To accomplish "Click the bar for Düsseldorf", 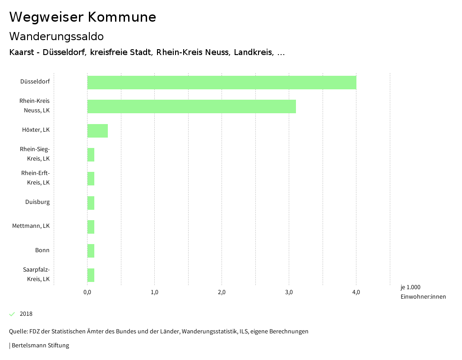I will point(222,83).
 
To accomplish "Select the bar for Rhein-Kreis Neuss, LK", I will point(191,106).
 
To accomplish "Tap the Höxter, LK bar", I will point(97,131).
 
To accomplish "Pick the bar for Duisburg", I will point(91,203).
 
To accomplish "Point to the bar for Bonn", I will point(91,251).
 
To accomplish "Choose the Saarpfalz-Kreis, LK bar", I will point(91,275).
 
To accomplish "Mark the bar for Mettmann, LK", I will point(91,227).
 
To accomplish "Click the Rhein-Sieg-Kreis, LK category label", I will point(35,154).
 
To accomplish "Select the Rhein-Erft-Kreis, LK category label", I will point(35,178).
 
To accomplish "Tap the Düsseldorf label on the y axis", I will point(35,82).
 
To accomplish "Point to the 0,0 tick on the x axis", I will point(87,292).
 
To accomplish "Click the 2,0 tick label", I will point(222,292).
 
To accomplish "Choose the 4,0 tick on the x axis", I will point(356,292).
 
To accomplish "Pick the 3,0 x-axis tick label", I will point(289,292).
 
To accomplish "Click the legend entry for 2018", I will point(26,314).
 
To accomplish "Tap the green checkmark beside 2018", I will point(12,314).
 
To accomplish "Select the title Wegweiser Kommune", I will point(83,17).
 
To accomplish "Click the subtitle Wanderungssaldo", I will point(56,36).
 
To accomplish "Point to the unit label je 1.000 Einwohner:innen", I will point(423,292).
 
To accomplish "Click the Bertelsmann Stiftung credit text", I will point(40,346).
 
